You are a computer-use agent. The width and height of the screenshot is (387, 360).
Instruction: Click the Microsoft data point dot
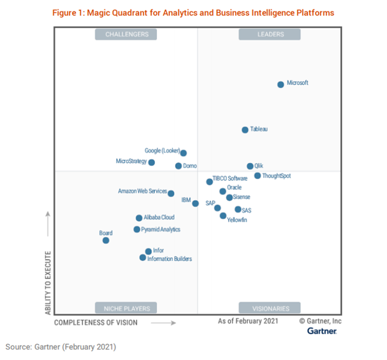[x=281, y=84]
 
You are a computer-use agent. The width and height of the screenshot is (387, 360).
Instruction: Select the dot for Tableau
[x=245, y=130]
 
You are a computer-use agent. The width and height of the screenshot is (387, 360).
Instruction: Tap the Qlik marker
[x=250, y=166]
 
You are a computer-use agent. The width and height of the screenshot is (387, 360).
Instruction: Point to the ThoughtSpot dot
[x=258, y=176]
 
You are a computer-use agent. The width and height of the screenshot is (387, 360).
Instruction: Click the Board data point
[x=106, y=241]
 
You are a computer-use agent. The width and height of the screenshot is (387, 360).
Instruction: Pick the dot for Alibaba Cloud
[x=139, y=218]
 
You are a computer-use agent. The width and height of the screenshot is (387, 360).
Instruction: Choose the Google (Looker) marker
[x=184, y=153]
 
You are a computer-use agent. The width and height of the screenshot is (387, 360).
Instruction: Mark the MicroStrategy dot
[x=152, y=162]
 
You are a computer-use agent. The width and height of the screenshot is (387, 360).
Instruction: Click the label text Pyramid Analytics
[x=161, y=229]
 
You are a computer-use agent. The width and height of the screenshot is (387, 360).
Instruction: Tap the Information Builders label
[x=170, y=259]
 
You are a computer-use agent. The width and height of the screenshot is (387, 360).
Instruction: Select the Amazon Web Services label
[x=142, y=191]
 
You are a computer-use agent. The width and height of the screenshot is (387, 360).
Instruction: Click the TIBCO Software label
[x=230, y=178]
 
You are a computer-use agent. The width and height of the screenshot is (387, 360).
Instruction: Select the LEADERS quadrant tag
[x=270, y=34]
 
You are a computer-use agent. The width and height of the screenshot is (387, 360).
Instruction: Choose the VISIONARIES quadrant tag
[x=270, y=308]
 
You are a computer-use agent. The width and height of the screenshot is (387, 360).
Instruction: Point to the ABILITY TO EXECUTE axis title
[x=48, y=282]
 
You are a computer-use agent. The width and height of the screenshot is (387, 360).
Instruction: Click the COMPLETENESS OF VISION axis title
[x=96, y=322]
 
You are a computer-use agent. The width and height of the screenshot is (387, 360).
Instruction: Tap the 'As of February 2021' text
[x=248, y=321]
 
